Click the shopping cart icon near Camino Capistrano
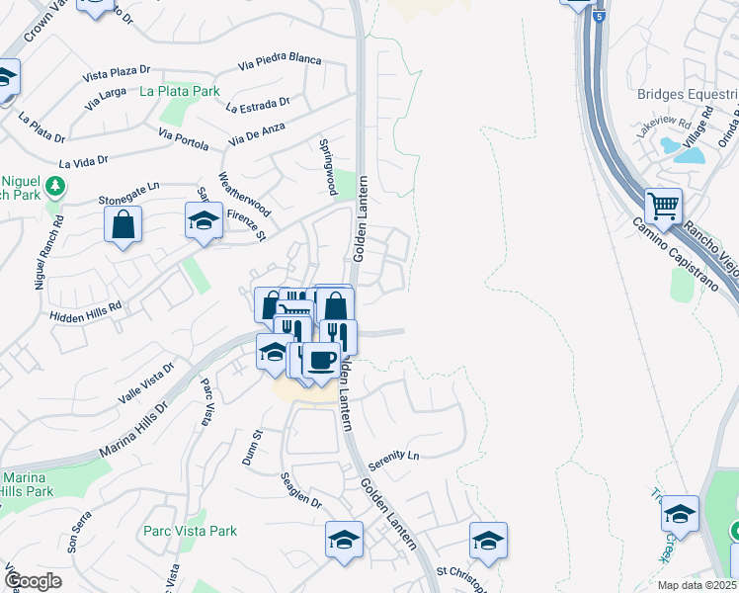coord(664,207)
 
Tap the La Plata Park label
coord(179,92)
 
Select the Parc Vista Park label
coord(190,531)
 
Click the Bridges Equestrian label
coord(688,95)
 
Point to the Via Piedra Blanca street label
coord(280,61)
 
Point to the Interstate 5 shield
coord(599,17)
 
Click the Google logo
coord(33,581)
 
